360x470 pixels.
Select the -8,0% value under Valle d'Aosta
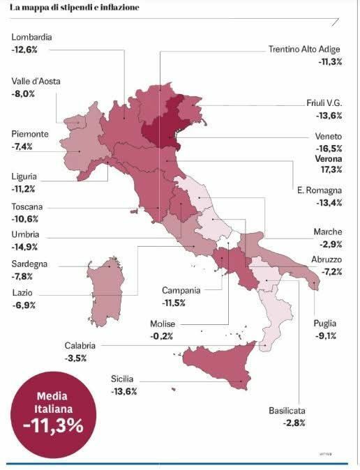[23, 93]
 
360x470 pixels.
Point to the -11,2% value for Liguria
[24, 189]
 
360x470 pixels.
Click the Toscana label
[28, 207]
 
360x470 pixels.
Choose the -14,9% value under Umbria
[24, 247]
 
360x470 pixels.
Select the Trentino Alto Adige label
[305, 50]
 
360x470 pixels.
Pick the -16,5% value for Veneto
[329, 149]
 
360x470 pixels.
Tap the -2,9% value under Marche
[330, 245]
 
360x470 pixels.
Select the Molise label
[163, 324]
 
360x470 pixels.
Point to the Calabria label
[80, 345]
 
